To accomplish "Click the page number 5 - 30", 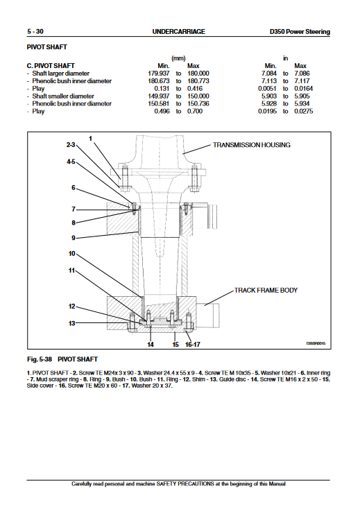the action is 35,31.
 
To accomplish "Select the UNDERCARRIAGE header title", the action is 178,31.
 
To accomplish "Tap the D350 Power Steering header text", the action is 300,32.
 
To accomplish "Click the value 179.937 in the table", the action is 159,74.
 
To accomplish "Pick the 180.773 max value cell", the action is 198,81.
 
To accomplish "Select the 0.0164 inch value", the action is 304,88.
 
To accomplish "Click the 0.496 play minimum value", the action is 162,111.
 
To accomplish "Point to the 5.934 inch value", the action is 302,103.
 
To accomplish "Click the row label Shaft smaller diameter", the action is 63,96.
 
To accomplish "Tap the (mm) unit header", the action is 178,58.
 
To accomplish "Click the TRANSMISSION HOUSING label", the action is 252,145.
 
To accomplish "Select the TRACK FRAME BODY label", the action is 266,290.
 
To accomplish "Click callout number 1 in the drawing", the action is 91,139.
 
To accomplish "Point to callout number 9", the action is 74,238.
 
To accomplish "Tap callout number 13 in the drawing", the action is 71,323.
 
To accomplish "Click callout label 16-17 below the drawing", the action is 193,345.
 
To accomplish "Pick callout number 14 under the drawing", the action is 151,345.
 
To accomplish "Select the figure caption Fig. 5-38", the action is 40,359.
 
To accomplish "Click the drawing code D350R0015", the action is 316,343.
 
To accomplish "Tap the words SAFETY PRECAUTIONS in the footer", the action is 185,484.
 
